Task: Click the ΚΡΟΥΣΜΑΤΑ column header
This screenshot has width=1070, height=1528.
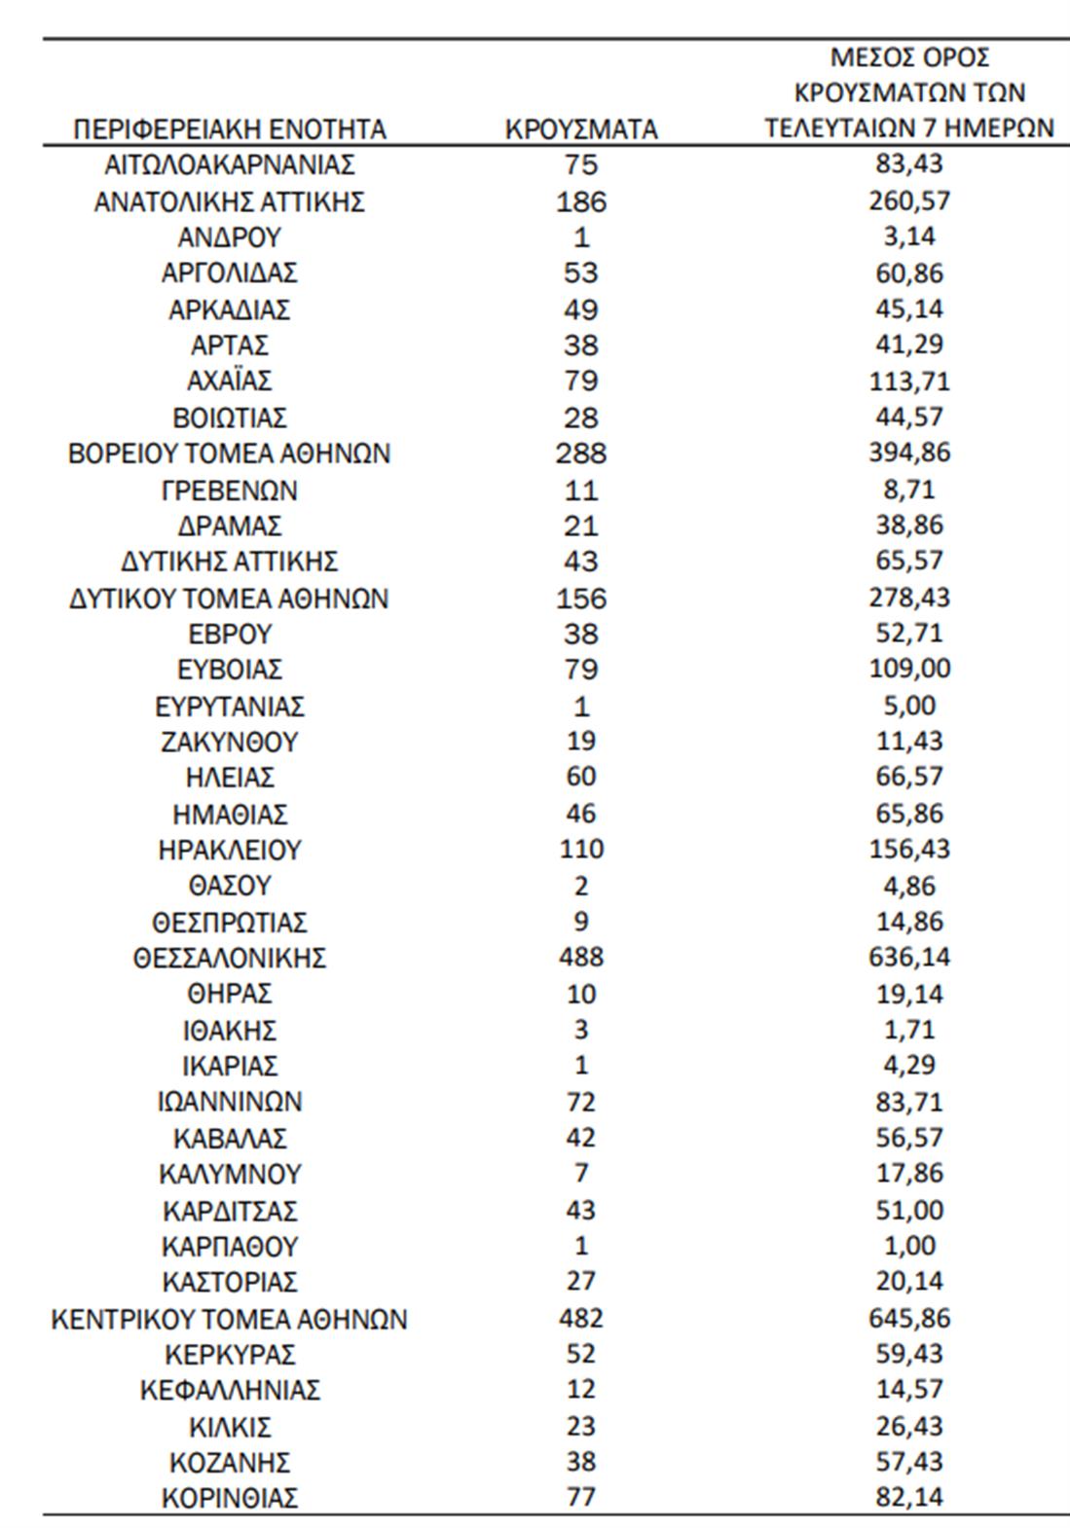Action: point(581,129)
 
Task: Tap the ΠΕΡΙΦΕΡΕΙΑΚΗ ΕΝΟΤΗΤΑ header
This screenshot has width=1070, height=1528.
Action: point(230,129)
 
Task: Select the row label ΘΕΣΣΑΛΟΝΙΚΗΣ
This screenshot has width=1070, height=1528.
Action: point(230,959)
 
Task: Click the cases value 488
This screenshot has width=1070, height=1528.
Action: point(581,958)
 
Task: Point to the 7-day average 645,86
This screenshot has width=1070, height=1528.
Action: point(909,1319)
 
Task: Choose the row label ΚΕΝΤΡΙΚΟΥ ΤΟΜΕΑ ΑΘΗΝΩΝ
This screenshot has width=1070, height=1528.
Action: point(230,1320)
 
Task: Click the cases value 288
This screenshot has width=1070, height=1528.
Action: point(581,454)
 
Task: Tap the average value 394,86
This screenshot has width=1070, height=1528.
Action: point(909,453)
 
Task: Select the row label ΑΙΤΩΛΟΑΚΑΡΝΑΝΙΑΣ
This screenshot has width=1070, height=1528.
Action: point(230,165)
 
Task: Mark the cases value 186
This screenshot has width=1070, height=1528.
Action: point(581,202)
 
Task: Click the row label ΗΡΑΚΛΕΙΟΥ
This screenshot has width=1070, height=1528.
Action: point(230,851)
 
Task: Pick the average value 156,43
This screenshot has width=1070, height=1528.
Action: point(909,850)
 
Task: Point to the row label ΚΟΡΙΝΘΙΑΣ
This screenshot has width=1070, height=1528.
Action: point(230,1498)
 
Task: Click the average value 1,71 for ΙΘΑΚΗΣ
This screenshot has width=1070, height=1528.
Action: point(909,1029)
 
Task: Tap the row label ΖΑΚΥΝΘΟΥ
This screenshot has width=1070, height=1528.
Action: point(230,743)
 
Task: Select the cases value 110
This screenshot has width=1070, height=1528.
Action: point(581,850)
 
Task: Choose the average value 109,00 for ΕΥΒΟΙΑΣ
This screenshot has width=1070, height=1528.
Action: point(909,670)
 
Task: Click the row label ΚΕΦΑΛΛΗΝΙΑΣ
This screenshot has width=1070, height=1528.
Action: point(230,1391)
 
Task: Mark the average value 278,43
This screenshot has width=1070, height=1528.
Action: point(909,597)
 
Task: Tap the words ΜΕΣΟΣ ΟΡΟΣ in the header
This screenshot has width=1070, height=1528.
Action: point(909,57)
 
